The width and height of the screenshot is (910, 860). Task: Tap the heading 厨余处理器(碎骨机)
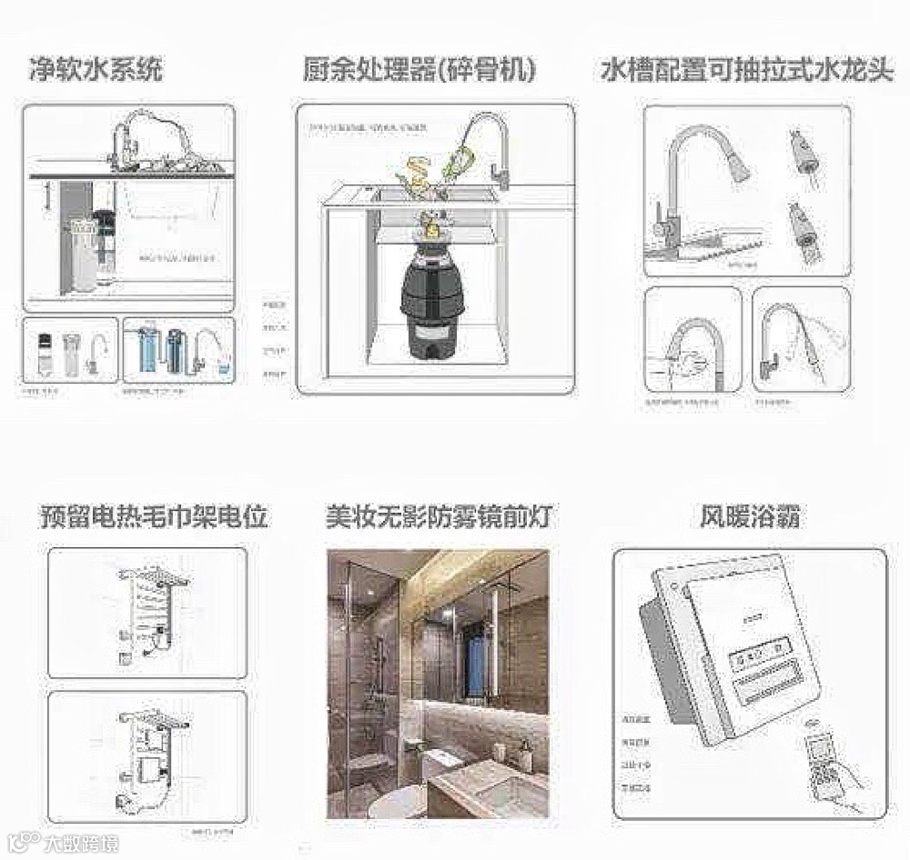pos(420,70)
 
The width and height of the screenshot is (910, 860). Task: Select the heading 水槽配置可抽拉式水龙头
pos(747,70)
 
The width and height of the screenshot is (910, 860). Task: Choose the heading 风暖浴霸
pos(750,516)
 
